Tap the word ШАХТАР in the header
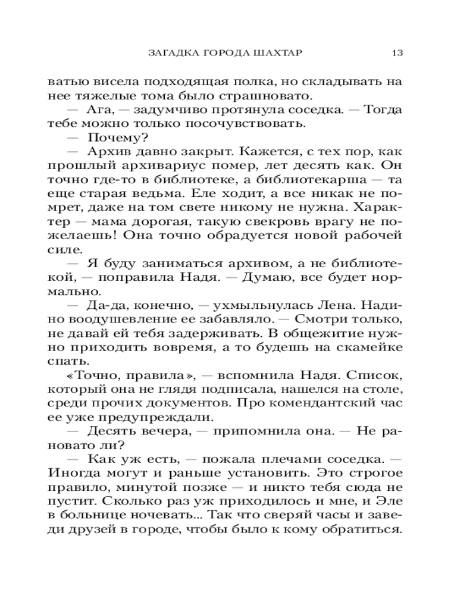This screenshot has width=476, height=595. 279,52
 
